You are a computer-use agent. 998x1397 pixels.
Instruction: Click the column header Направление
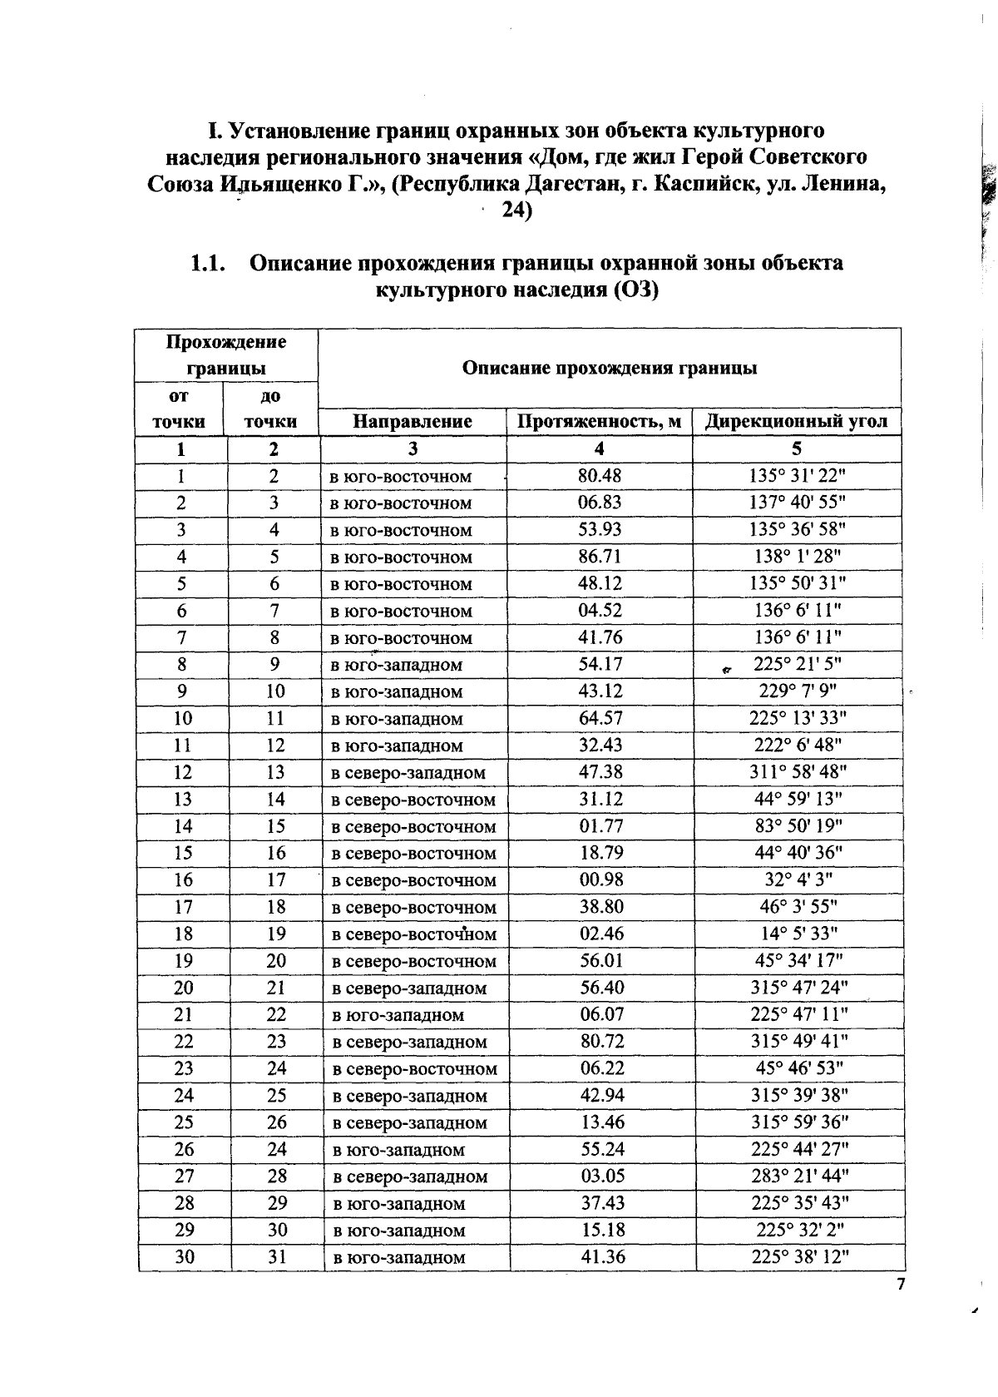pyautogui.click(x=413, y=422)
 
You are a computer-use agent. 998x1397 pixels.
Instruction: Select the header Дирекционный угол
pyautogui.click(x=796, y=422)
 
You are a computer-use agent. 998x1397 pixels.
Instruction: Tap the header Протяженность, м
pyautogui.click(x=599, y=422)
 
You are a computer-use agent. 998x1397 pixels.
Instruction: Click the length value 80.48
pyautogui.click(x=600, y=476)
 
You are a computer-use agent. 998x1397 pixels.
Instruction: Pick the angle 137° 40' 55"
pyautogui.click(x=797, y=503)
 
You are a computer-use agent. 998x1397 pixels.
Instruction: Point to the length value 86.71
pyautogui.click(x=600, y=557)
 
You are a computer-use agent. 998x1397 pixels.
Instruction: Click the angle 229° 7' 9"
pyautogui.click(x=797, y=691)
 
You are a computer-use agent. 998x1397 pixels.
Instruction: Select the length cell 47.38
pyautogui.click(x=600, y=772)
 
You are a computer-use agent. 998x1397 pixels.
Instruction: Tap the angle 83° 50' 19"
pyautogui.click(x=798, y=826)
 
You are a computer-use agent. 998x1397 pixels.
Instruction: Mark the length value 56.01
pyautogui.click(x=601, y=961)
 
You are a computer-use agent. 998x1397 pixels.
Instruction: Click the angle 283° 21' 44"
pyautogui.click(x=799, y=1177)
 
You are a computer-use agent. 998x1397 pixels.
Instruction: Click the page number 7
pyautogui.click(x=900, y=1286)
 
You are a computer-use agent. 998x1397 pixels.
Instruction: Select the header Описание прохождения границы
pyautogui.click(x=609, y=368)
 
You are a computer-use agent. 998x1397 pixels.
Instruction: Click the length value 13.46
pyautogui.click(x=602, y=1122)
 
